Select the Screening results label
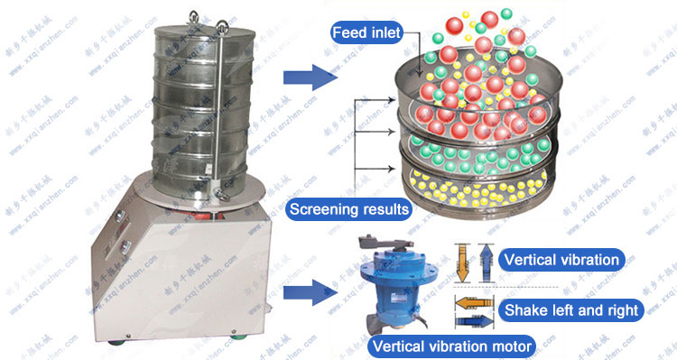tap(348, 210)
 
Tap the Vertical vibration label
tap(562, 260)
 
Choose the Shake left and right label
tap(571, 310)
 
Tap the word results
tap(380, 210)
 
